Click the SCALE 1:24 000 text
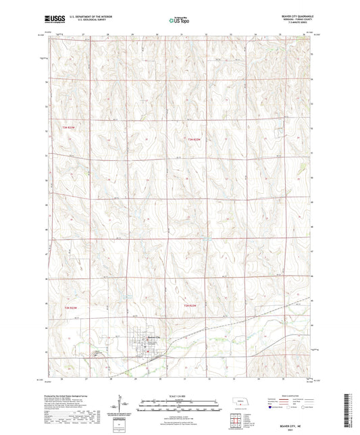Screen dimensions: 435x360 click(179, 395)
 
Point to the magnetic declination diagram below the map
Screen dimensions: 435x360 click(122, 407)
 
